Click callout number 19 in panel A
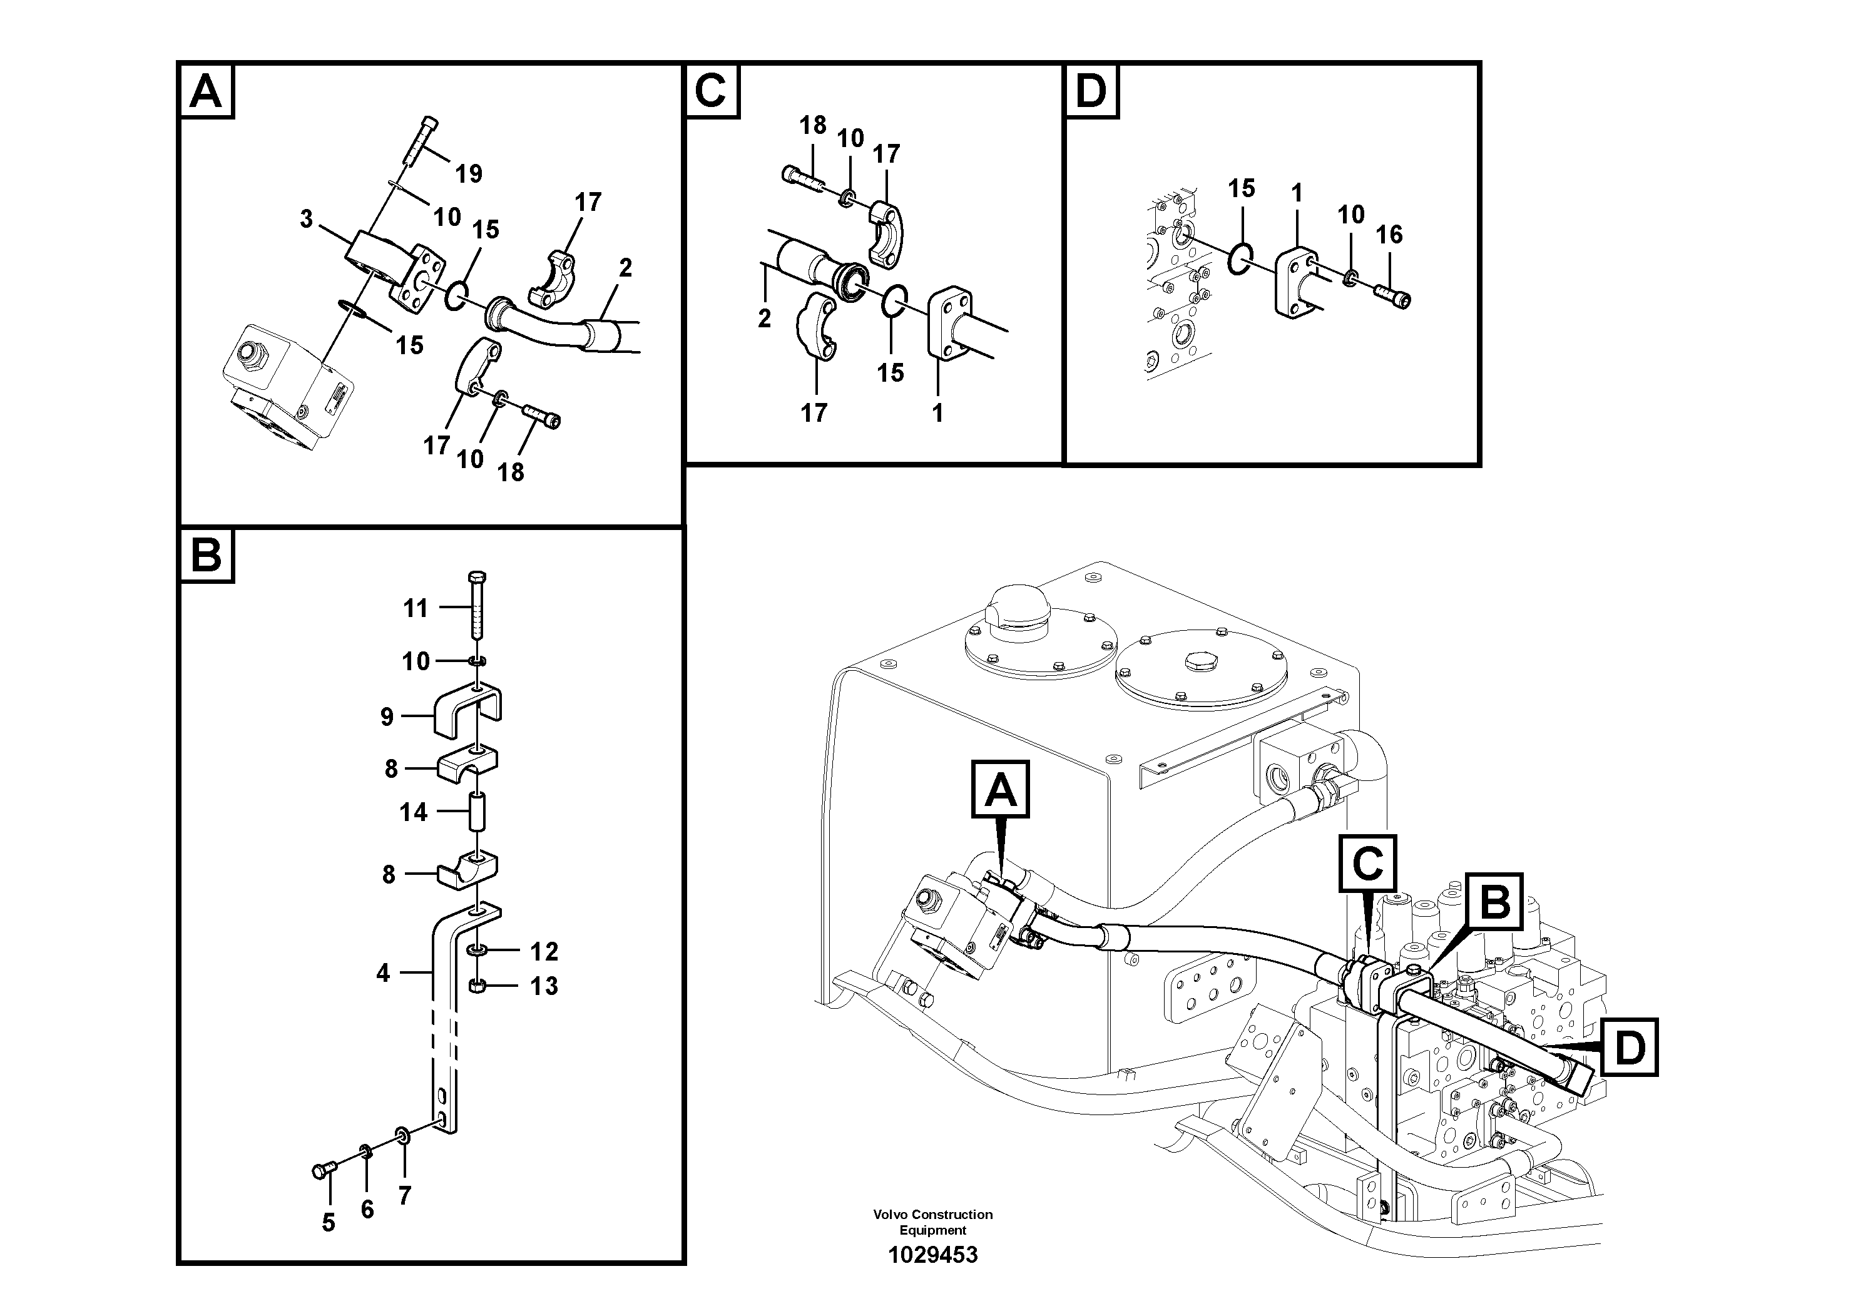point(468,173)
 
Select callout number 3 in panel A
point(306,219)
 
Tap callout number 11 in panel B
point(416,608)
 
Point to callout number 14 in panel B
point(413,812)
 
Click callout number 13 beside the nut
point(544,987)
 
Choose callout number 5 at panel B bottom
point(328,1223)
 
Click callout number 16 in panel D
point(1389,235)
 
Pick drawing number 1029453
point(932,1255)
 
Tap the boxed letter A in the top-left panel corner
point(205,92)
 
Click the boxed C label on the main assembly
point(1367,864)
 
